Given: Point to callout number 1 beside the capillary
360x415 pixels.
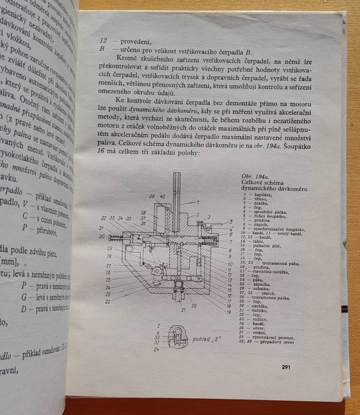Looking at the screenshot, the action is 198,203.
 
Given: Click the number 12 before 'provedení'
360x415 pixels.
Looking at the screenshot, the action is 104,41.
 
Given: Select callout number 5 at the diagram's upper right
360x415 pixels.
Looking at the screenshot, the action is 231,222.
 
